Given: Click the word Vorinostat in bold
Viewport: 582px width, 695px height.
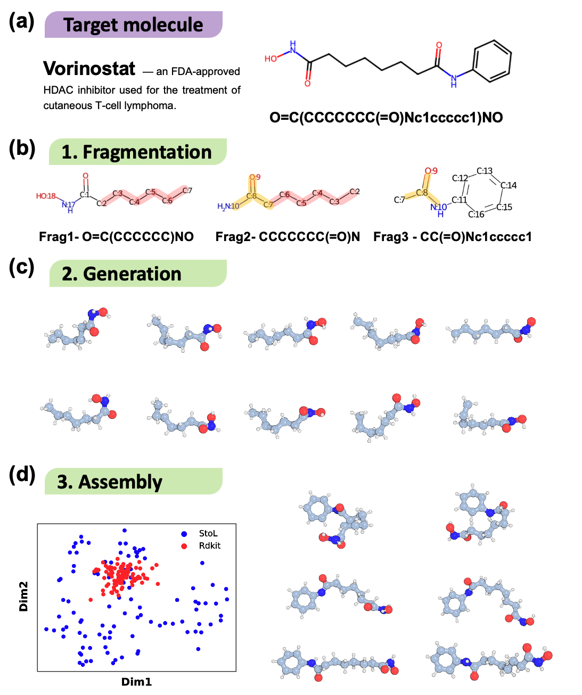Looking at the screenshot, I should click(89, 69).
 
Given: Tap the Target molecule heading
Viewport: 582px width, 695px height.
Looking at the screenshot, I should click(133, 25).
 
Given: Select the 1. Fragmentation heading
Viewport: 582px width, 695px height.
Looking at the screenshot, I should click(137, 152).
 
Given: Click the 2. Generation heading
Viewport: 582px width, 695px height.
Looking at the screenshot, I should click(122, 274).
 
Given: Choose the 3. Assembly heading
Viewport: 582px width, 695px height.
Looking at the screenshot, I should click(110, 482).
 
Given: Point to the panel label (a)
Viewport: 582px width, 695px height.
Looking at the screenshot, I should click(22, 22).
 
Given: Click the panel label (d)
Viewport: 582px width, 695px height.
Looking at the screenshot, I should click(22, 474).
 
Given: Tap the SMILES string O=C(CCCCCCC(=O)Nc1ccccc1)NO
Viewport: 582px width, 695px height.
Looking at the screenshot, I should click(386, 118).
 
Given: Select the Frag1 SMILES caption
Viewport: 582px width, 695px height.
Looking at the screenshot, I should click(116, 237).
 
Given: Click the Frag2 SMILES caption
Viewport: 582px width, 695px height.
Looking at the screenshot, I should click(288, 237).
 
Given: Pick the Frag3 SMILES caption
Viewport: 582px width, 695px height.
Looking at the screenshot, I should click(453, 237).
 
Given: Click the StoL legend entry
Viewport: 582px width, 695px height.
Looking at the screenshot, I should click(208, 533).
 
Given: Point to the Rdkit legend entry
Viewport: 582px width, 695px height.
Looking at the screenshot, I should click(209, 545).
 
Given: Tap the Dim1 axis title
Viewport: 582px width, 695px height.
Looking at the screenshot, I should click(136, 682).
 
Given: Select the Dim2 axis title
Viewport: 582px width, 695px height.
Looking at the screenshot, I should click(23, 596).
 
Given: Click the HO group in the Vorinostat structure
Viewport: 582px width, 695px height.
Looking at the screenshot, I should click(271, 59).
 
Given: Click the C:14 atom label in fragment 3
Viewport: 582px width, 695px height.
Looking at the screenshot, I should click(509, 185).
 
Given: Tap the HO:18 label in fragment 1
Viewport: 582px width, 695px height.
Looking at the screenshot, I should click(46, 196).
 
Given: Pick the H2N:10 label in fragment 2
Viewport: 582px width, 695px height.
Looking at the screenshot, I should click(228, 206).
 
